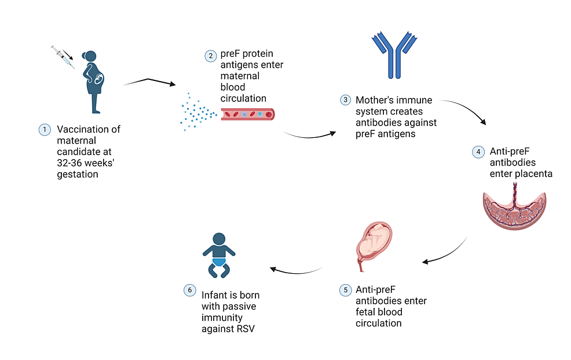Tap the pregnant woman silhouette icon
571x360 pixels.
94,81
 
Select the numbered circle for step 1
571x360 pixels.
44,130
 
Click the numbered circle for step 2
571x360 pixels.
210,56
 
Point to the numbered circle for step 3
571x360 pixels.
345,100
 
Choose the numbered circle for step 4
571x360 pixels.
477,152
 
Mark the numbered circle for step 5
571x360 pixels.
345,289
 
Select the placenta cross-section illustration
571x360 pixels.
514,209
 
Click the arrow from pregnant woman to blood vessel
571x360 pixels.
149,82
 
